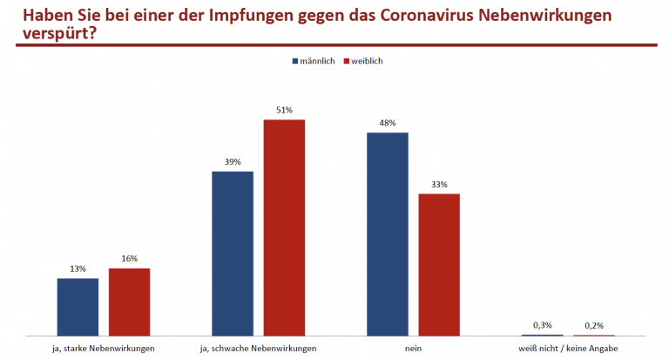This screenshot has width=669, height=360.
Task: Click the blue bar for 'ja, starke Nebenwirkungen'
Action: pyautogui.click(x=78, y=307)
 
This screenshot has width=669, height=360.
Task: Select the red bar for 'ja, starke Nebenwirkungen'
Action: pyautogui.click(x=129, y=302)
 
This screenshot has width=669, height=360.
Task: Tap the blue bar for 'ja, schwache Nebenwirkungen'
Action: pyautogui.click(x=233, y=253)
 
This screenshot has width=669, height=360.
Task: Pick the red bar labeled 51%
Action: pyautogui.click(x=284, y=228)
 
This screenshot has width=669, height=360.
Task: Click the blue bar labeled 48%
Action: pyautogui.click(x=388, y=234)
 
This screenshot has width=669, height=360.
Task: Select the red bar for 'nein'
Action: pyautogui.click(x=439, y=264)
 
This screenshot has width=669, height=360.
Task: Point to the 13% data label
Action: pyautogui.click(x=78, y=269)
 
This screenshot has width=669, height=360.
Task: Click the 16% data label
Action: pyautogui.click(x=129, y=260)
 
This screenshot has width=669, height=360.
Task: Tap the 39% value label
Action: pyautogui.click(x=233, y=162)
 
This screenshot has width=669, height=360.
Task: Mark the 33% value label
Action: pyautogui.click(x=439, y=185)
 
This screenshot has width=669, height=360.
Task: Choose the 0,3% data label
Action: pyautogui.click(x=543, y=325)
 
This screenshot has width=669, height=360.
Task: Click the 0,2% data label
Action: pyautogui.click(x=594, y=325)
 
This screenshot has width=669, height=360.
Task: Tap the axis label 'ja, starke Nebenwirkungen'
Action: pyautogui.click(x=104, y=348)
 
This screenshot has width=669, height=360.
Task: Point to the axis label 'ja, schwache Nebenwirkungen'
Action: pyautogui.click(x=259, y=348)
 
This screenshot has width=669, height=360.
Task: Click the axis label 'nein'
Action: pyautogui.click(x=413, y=348)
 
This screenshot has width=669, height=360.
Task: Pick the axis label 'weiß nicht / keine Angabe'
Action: pyautogui.click(x=568, y=348)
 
